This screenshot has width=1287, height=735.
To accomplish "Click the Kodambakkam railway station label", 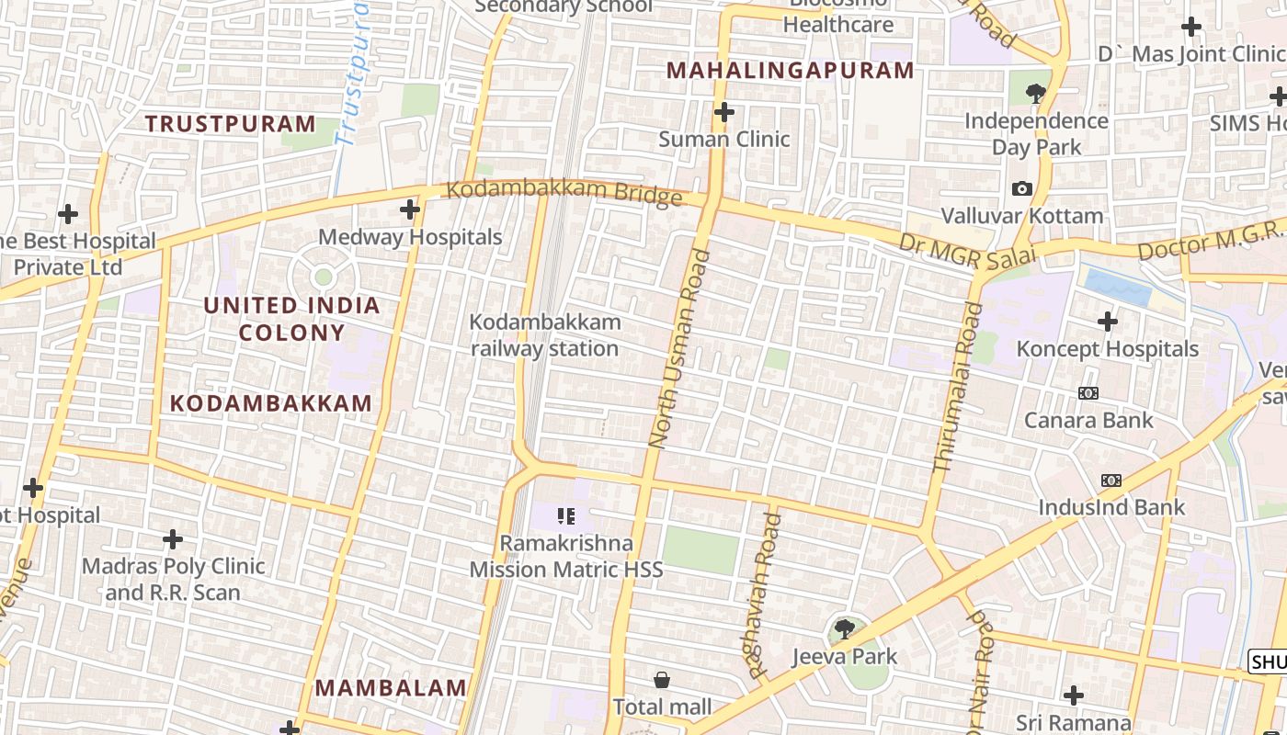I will [x=545, y=335].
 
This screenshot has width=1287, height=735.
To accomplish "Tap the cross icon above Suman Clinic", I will [x=724, y=112].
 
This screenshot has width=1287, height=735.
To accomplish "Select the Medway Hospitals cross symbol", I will [x=410, y=210].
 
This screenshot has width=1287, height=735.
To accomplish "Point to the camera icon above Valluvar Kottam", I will [x=1021, y=189].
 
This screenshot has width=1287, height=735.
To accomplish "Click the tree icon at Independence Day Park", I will [x=1036, y=92].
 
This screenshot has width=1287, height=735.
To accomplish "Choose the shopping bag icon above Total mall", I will [x=662, y=680].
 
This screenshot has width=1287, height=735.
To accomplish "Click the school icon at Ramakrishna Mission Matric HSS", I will [x=566, y=516].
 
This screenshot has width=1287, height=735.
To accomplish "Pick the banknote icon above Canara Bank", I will [x=1088, y=393].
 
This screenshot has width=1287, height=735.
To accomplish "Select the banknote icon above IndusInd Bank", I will [x=1111, y=481].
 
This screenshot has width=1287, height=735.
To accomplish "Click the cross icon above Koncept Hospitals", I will [x=1108, y=322].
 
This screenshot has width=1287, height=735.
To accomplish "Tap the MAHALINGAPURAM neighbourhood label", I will [x=791, y=71].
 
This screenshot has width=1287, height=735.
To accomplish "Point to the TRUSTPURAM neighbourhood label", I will [x=230, y=124].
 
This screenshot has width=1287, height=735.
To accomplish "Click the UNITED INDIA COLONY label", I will [x=291, y=319].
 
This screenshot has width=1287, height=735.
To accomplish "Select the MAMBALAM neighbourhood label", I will [x=391, y=688].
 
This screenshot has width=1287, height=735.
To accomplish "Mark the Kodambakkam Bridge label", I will [x=564, y=192].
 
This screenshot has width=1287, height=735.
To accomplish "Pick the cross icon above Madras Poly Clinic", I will [x=172, y=538].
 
